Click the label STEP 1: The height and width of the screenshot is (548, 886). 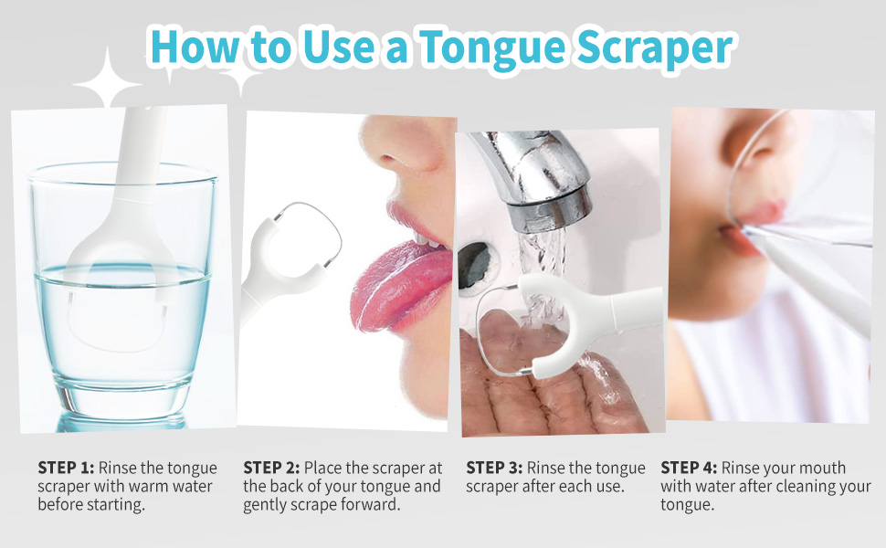click(x=66, y=468)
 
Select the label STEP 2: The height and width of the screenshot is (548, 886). click(x=271, y=468)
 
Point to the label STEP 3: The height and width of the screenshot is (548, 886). click(x=494, y=468)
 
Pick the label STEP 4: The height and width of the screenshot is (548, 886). click(x=689, y=468)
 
